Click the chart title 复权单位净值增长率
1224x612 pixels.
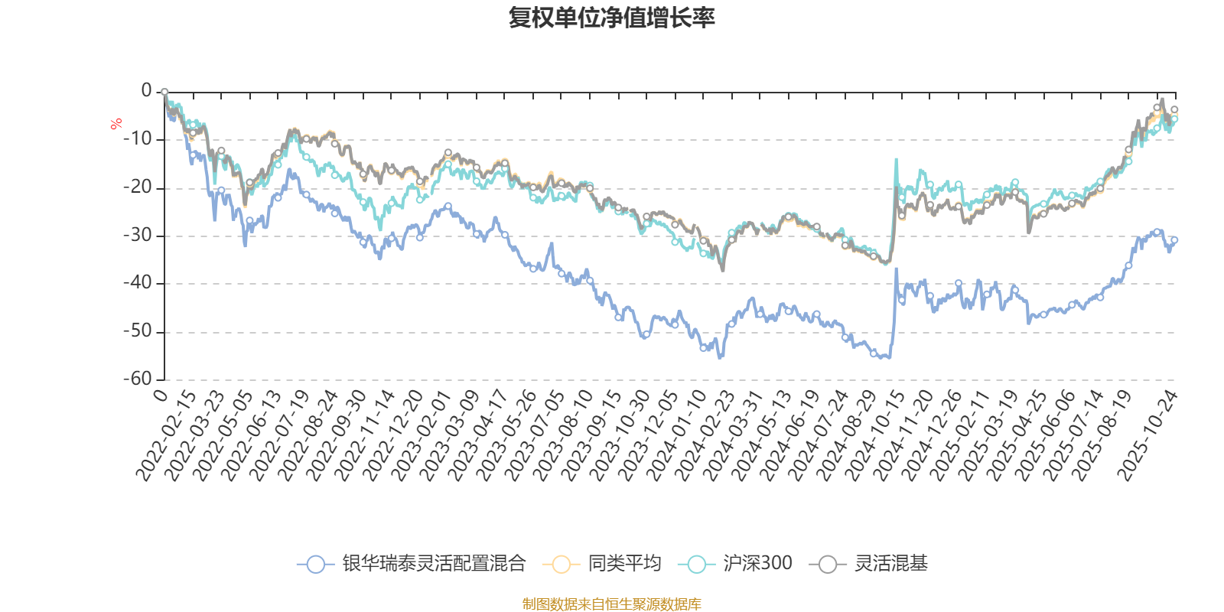(611, 18)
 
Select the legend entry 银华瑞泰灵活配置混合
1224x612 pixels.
(433, 565)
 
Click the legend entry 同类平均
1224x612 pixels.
(623, 565)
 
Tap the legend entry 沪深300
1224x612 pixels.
(757, 565)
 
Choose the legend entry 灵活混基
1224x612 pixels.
(890, 565)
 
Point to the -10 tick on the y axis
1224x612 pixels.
(138, 139)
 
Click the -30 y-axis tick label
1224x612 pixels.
(138, 236)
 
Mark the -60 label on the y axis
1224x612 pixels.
(138, 379)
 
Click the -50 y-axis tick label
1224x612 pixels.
(138, 332)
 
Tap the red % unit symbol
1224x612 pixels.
(116, 124)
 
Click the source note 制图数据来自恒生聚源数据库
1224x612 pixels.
(611, 604)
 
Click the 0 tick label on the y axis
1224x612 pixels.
(146, 91)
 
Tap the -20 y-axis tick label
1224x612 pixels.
(138, 187)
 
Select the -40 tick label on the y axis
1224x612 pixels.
(138, 284)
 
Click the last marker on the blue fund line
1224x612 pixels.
(1174, 239)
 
